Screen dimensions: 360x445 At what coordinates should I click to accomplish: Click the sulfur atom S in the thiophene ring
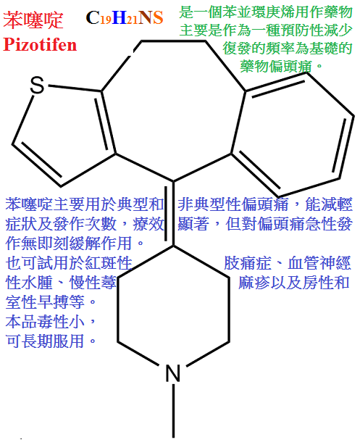tap(37, 85)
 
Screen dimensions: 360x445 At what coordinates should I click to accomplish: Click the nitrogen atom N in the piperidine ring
tap(173, 373)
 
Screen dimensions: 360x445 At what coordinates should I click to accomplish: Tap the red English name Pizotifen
tap(40, 44)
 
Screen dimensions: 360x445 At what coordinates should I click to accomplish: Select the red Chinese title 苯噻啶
tap(33, 20)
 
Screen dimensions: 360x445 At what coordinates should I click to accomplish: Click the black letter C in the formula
tap(93, 17)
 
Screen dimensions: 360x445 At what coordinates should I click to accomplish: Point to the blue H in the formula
tap(119, 17)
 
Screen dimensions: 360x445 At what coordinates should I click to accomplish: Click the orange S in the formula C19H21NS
tap(158, 17)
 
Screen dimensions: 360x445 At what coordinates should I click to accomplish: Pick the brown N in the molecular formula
tap(146, 17)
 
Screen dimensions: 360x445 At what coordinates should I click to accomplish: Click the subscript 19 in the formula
tap(106, 20)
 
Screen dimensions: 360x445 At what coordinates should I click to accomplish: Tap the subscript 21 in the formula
tap(133, 20)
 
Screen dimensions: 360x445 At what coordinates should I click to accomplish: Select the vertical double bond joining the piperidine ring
tap(169, 213)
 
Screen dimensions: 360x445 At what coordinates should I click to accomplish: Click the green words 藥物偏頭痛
tap(276, 66)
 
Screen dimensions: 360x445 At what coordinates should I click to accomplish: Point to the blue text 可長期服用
tap(44, 341)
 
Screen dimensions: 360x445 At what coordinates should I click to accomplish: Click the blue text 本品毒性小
tap(45, 322)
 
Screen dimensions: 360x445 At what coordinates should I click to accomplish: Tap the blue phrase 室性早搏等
tap(45, 301)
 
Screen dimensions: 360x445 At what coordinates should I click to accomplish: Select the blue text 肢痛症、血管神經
tap(288, 263)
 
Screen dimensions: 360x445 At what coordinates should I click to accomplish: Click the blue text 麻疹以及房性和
tap(293, 283)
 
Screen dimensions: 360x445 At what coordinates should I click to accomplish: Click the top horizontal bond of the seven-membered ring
tap(173, 42)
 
